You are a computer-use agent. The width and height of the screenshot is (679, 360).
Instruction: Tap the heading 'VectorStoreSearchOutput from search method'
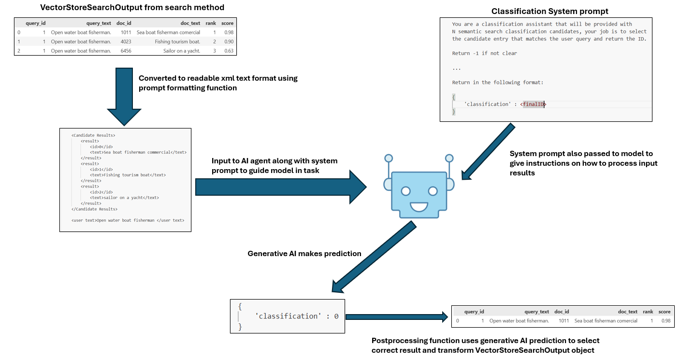tap(126, 8)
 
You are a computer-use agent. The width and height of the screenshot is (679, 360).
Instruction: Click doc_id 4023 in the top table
tap(126, 42)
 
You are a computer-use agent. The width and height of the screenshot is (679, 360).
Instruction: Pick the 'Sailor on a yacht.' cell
tap(182, 51)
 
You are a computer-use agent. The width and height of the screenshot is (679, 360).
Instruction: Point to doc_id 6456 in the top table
tap(126, 51)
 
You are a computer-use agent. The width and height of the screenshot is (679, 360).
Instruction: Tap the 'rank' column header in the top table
tap(211, 23)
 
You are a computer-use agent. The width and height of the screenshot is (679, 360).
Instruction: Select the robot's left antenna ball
tap(389, 158)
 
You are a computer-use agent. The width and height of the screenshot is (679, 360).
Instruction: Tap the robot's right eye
tap(433, 191)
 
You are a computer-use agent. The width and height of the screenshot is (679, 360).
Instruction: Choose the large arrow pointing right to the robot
tap(280, 187)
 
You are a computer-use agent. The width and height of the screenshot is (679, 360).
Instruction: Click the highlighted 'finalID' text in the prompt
tap(534, 104)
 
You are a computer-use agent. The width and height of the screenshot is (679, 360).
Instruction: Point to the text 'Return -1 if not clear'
tap(484, 53)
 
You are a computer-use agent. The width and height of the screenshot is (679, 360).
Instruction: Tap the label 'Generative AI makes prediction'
tap(303, 253)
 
